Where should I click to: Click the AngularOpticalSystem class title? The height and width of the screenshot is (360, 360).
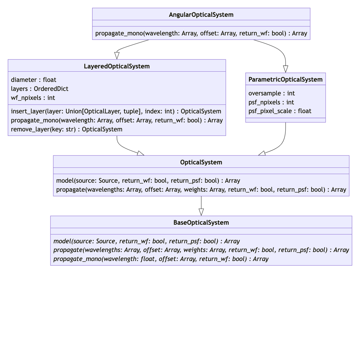(201, 15)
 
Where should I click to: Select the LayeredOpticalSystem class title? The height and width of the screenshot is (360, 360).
(117, 66)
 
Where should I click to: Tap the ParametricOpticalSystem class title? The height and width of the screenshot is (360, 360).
(285, 79)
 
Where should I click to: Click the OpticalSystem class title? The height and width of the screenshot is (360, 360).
(201, 162)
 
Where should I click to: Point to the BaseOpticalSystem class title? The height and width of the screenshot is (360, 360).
(201, 223)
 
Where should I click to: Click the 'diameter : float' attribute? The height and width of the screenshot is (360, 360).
(34, 80)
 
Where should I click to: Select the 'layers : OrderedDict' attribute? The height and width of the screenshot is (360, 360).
(40, 89)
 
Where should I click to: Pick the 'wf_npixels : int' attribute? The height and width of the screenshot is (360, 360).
(33, 98)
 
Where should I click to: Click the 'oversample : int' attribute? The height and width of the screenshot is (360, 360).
(271, 93)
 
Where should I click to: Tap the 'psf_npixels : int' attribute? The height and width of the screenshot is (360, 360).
(271, 102)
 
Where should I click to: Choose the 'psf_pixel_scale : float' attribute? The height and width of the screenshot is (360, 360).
(280, 111)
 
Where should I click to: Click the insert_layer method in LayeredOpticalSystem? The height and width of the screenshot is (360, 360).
(116, 111)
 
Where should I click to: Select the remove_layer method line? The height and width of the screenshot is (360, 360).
(67, 129)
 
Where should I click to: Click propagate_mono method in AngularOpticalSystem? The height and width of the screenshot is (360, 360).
(201, 33)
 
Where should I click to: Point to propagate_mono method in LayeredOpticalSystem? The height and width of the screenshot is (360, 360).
(117, 120)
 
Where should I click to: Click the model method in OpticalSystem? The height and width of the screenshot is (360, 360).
(148, 181)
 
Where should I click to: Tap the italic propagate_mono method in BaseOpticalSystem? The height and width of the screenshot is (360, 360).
(161, 259)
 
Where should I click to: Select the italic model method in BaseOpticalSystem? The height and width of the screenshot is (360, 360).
(146, 241)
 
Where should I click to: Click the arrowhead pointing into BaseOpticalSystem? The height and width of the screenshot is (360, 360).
(201, 212)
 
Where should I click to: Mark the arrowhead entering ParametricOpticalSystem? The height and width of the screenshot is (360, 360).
(285, 69)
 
